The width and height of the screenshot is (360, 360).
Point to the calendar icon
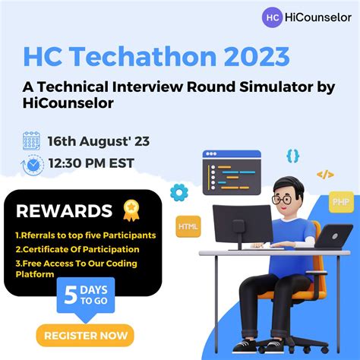pyautogui.click(x=32, y=141)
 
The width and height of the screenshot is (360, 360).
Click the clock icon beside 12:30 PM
pyautogui.click(x=33, y=163)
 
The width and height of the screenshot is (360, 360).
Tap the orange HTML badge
pyautogui.click(x=188, y=226)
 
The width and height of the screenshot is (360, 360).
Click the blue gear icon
pyautogui.click(x=178, y=192)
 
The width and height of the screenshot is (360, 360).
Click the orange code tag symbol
pyautogui.click(x=325, y=175)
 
